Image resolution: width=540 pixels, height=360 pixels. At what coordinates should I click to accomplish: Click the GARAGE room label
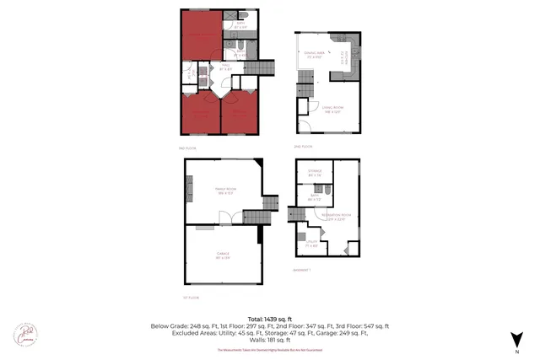pos(224,254)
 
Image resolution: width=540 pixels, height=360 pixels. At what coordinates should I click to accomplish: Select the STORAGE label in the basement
pos(316,173)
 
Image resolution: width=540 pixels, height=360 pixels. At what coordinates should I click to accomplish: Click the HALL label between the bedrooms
pos(225,68)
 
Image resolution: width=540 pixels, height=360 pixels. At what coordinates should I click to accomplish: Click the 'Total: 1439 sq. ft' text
pos(269,318)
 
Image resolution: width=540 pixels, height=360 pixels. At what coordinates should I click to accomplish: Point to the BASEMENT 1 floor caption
pos(302,270)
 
